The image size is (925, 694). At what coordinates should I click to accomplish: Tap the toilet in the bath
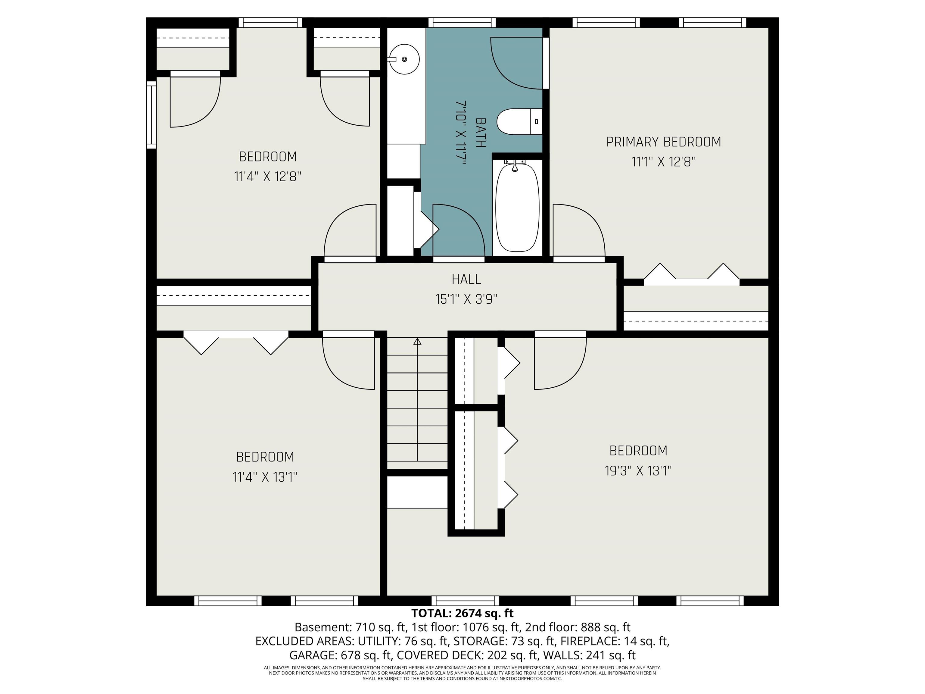519,122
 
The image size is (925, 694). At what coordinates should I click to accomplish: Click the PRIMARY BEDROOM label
664,142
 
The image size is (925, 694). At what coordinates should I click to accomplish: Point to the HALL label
466,279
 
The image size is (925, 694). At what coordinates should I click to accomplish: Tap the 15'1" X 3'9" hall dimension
466,299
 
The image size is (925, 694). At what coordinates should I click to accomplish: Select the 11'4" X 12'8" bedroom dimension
268,177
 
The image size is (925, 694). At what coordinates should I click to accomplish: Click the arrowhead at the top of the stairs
417,341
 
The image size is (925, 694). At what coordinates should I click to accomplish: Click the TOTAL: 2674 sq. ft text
462,613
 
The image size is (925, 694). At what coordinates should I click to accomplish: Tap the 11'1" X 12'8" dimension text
664,162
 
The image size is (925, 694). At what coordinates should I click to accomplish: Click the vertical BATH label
481,133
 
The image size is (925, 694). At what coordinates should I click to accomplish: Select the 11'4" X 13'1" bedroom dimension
265,477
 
